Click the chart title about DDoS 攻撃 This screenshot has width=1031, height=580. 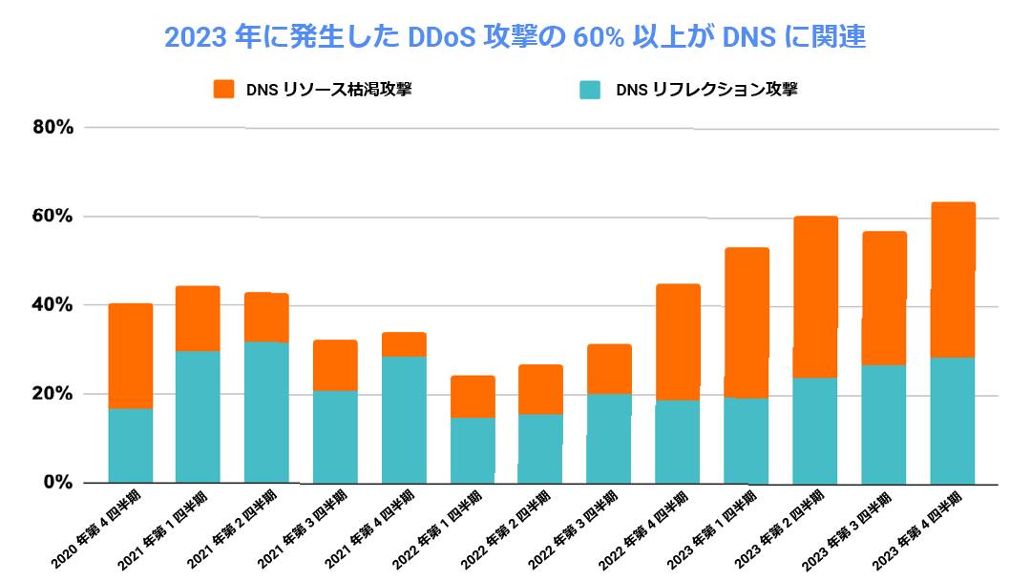pos(515,37)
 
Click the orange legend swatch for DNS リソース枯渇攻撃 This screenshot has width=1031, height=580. pos(223,90)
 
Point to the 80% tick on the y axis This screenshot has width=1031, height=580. pos(52,127)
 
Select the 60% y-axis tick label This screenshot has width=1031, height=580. pos(52,217)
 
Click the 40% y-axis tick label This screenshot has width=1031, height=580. pos(52,305)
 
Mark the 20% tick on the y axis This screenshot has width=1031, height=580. pos(52,394)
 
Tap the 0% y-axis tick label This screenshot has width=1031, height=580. pos(57,483)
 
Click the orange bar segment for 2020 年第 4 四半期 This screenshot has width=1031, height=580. pos(131,356)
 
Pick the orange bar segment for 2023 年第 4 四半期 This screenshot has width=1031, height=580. pos(953,280)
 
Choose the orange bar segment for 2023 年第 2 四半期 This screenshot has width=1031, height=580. pos(815,297)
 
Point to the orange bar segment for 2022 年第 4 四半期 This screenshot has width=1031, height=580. pos(678,342)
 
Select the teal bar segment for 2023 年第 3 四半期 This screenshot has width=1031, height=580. pos(884,424)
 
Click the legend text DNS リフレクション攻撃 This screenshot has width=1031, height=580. pos(706,90)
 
